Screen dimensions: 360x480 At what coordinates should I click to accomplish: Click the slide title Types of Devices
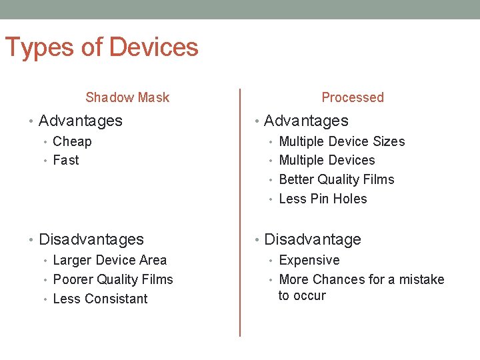(x=101, y=48)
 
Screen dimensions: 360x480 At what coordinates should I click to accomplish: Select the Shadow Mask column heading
(x=127, y=97)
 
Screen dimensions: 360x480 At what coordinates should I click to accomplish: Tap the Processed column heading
(x=352, y=97)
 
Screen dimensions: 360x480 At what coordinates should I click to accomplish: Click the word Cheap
(x=72, y=141)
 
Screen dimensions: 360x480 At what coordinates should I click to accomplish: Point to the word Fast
(x=65, y=160)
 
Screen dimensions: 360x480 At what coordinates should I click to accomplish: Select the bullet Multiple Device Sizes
(x=341, y=141)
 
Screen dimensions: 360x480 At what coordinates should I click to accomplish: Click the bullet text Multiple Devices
(x=327, y=160)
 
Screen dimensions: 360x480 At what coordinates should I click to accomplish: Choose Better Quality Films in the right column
(x=336, y=179)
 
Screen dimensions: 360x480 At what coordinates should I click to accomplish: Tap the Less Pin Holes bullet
(x=323, y=199)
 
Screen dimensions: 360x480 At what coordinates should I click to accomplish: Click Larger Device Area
(x=109, y=260)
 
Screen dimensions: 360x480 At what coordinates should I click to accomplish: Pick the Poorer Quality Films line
(x=113, y=279)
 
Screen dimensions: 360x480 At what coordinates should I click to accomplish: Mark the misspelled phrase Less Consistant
(x=100, y=299)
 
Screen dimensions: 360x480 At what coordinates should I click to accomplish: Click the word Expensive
(x=309, y=260)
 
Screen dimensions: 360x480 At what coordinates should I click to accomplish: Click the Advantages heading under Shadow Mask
(x=81, y=121)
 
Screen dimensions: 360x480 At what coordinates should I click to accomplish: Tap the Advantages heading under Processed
(x=306, y=121)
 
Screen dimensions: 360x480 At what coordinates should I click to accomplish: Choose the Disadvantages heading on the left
(x=91, y=239)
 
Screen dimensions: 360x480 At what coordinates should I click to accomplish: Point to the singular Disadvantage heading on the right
(x=313, y=239)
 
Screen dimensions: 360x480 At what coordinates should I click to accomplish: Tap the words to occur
(x=302, y=295)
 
